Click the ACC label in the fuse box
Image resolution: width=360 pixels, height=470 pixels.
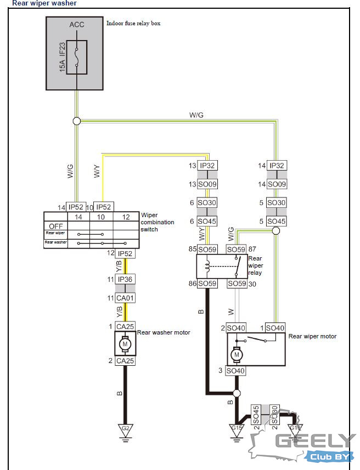76,25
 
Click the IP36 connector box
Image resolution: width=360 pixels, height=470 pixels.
125,279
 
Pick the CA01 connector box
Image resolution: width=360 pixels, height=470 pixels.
125,298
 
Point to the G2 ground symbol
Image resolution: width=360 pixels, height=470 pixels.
125,429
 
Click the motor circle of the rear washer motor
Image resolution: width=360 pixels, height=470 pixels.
125,344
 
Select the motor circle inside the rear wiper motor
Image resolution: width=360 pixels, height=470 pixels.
237,354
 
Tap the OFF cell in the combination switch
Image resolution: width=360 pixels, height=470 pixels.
55,226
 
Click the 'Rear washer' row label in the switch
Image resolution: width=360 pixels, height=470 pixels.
55,242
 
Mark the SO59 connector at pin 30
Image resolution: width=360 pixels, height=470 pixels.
237,284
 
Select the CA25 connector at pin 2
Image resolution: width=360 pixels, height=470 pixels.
125,361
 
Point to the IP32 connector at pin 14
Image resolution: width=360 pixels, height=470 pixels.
276,166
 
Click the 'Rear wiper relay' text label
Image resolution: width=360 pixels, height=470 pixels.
255,265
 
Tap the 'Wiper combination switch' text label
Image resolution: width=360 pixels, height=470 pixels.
157,222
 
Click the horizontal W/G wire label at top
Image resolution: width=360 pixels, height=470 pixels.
196,115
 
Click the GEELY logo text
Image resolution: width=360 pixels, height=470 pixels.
315,440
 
